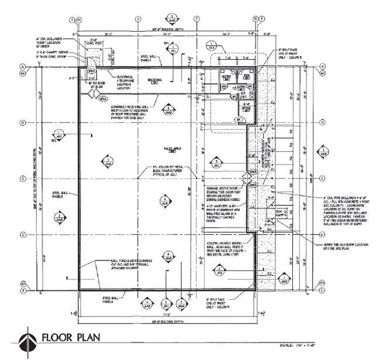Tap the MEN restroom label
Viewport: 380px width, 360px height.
tap(247, 77)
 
